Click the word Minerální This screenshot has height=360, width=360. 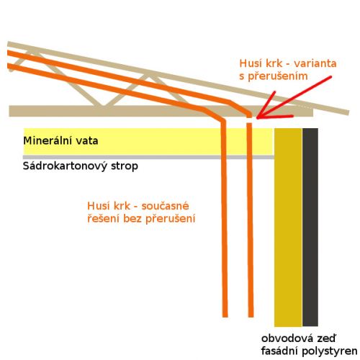click(47, 140)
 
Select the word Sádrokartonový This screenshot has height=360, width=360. click(65, 166)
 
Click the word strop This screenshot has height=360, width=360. click(125, 166)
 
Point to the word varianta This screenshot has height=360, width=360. click(315, 63)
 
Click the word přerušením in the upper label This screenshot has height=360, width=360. click(278, 76)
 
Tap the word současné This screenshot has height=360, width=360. click(165, 206)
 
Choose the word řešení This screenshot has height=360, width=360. click(103, 219)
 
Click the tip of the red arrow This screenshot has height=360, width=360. click(257, 118)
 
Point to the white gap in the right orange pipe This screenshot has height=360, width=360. click(250, 120)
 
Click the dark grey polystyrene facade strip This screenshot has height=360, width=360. click(310, 228)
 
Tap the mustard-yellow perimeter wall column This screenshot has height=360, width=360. click(288, 228)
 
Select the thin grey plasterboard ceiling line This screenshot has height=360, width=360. click(148, 157)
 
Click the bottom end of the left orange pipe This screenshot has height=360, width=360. click(225, 317)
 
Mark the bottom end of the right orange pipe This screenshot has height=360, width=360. click(251, 317)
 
